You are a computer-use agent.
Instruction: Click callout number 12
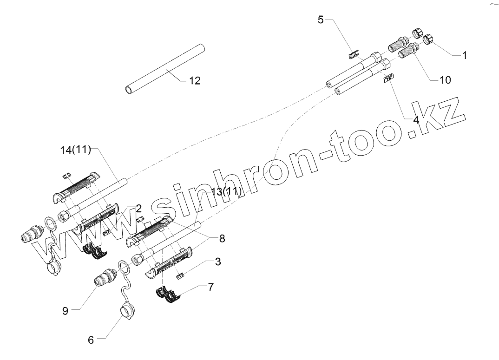pos(195,81)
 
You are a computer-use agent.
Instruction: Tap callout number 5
pos(321,20)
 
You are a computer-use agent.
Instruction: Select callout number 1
pos(464,55)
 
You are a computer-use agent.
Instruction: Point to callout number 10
pos(445,80)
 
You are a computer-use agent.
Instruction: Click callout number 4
pos(416,119)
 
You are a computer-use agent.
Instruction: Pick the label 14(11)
pos(76,150)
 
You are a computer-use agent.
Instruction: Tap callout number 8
pos(222,239)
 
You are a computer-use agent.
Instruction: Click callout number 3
pos(217,262)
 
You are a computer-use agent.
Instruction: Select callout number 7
pos(211,287)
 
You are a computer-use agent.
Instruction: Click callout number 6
pos(91,340)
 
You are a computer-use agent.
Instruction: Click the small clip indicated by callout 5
pos(354,54)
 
